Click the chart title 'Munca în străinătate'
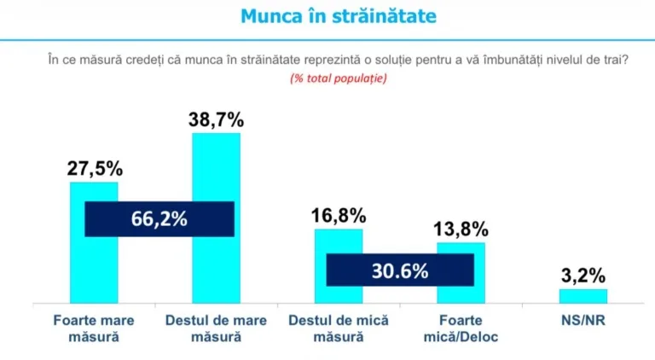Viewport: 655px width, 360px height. tap(327, 16)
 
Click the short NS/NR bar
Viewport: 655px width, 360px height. tap(583, 295)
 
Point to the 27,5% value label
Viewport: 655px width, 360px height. tap(94, 166)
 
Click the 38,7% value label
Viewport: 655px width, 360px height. tap(216, 118)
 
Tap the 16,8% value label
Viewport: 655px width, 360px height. tap(339, 214)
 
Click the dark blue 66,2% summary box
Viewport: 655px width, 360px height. tap(159, 218)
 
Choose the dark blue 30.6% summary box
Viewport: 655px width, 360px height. tap(400, 270)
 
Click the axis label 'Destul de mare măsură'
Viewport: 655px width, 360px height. tap(216, 328)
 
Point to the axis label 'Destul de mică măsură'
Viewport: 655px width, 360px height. tap(339, 328)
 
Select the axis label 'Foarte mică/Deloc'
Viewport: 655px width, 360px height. tap(461, 328)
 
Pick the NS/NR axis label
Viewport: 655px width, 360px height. tap(583, 321)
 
